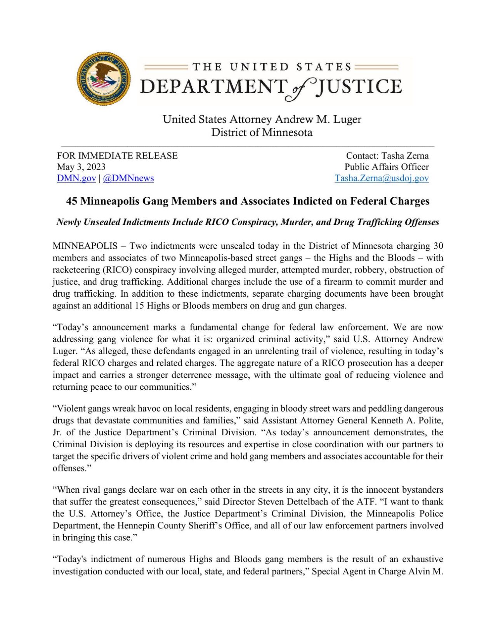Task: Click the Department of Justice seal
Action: click(x=104, y=79)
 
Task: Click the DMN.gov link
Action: click(x=76, y=178)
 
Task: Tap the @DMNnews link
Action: click(x=128, y=178)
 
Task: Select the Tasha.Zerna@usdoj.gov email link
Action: click(x=382, y=178)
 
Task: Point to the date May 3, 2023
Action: click(x=81, y=167)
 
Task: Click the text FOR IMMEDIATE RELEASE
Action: click(x=117, y=156)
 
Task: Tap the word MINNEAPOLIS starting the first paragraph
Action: click(x=85, y=246)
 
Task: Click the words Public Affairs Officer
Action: click(x=387, y=167)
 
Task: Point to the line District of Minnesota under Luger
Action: click(x=262, y=132)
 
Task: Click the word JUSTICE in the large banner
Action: click(x=359, y=86)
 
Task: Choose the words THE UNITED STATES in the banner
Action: click(x=271, y=67)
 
